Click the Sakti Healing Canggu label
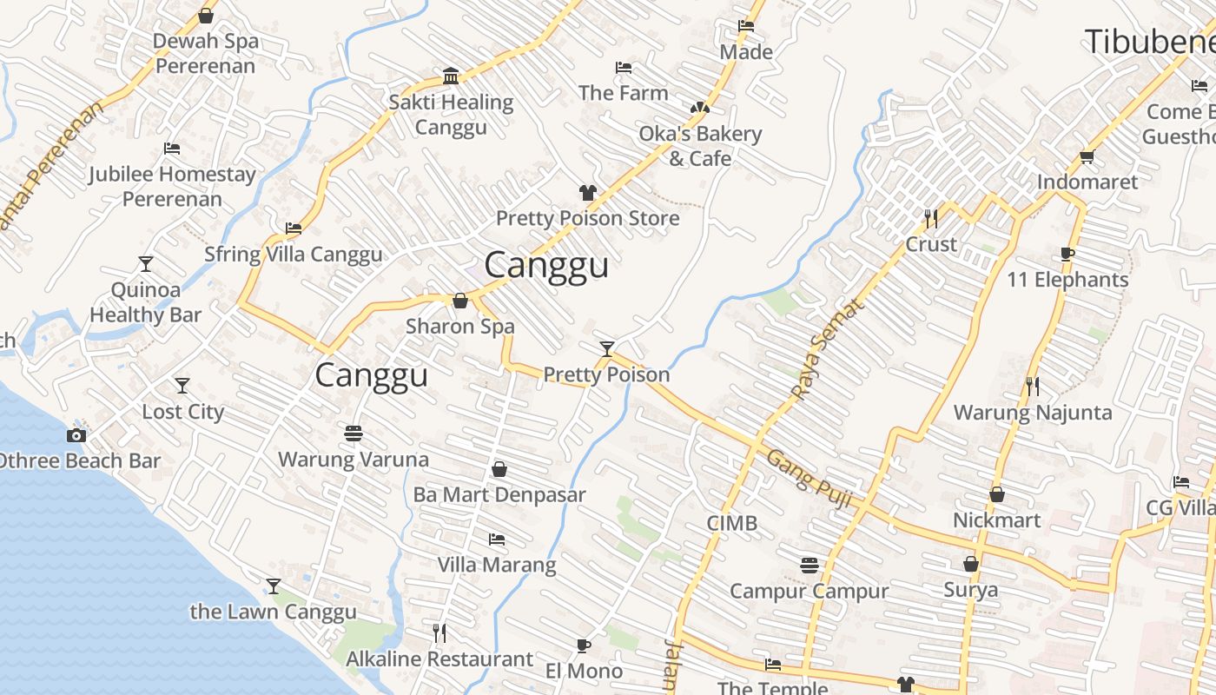point(451,115)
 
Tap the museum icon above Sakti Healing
point(451,76)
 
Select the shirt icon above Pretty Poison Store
point(588,193)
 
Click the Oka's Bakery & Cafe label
point(700,146)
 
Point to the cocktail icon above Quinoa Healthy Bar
point(146,263)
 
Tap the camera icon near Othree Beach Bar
point(76,435)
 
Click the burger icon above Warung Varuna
point(353,433)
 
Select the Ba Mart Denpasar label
point(499,494)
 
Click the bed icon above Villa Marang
point(497,539)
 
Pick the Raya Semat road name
point(829,349)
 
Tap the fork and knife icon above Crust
point(931,218)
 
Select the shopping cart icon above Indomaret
point(1087,157)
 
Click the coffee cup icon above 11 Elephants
point(1067,255)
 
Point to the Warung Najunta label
point(1033,412)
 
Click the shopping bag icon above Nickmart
point(997,494)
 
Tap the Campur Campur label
point(809,591)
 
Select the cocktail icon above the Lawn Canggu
point(274,586)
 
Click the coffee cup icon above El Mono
point(584,645)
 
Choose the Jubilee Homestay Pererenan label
point(172,186)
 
